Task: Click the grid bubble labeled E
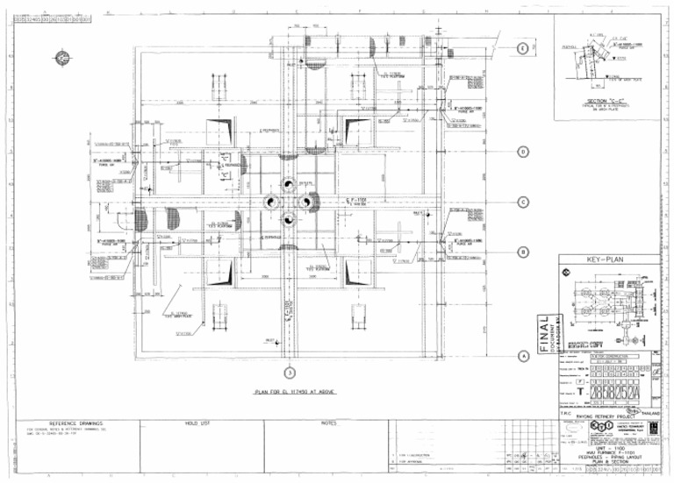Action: tap(523, 48)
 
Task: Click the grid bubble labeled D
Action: tap(523, 151)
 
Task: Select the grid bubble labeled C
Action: tap(523, 202)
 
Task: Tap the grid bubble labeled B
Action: tap(523, 252)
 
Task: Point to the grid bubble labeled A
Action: tap(523, 356)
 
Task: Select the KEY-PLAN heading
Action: tap(608, 260)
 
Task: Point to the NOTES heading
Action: tap(329, 423)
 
